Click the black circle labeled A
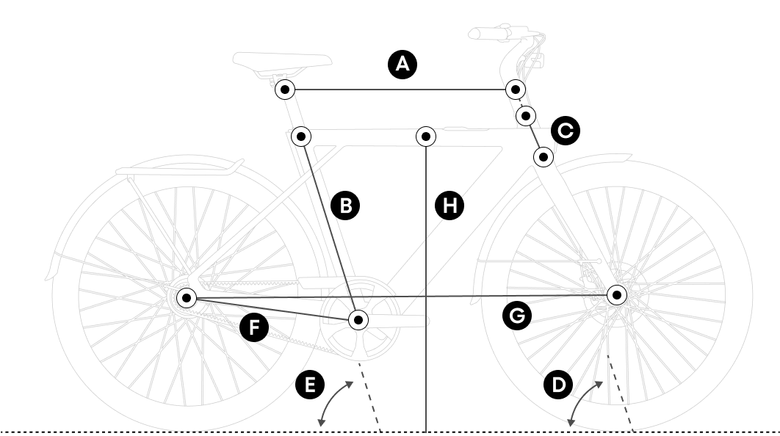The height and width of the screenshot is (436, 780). [402, 65]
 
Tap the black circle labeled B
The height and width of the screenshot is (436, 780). [345, 205]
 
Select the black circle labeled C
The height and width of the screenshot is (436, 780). [565, 131]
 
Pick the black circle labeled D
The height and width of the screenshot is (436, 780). [559, 384]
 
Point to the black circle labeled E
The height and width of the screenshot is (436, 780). [309, 384]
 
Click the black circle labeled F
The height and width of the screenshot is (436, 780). [254, 327]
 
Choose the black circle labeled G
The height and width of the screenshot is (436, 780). [516, 316]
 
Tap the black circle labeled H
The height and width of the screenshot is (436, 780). [449, 205]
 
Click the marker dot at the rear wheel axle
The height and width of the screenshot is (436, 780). [187, 297]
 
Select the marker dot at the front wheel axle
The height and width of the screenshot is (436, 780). [617, 295]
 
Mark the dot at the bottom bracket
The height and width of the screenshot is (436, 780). [358, 319]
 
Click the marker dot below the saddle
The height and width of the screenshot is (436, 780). [285, 90]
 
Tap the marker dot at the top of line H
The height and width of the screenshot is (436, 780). [426, 136]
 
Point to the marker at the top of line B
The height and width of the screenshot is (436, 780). [301, 136]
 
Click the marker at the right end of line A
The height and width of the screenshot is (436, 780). [516, 89]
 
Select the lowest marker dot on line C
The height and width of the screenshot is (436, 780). [543, 156]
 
